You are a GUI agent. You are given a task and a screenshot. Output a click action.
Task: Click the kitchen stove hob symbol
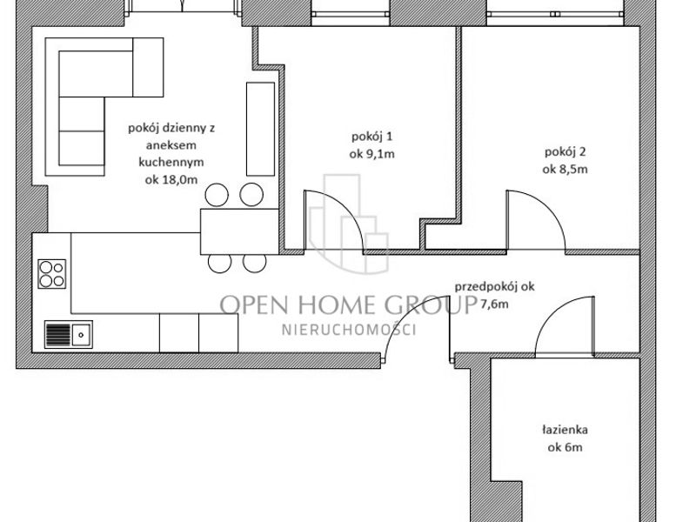tap(52, 274)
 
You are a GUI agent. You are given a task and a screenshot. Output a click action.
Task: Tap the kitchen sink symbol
tap(69, 334)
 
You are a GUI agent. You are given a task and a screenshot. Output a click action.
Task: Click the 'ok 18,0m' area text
tap(171, 180)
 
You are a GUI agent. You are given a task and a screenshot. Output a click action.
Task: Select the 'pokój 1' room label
tap(372, 137)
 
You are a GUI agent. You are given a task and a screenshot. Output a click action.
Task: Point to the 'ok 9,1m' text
tap(372, 154)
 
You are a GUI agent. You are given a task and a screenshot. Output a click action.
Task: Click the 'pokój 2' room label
tap(565, 152)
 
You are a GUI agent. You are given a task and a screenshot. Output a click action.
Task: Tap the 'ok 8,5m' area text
tap(565, 169)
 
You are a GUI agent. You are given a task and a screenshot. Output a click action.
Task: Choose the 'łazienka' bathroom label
tap(565, 430)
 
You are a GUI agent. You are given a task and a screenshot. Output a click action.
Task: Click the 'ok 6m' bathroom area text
tap(565, 447)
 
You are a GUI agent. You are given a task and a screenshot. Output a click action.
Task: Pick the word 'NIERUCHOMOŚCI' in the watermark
tap(349, 330)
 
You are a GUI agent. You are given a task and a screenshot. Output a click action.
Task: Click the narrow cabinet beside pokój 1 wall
tap(260, 129)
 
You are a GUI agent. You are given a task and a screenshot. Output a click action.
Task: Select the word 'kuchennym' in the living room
tap(171, 162)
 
